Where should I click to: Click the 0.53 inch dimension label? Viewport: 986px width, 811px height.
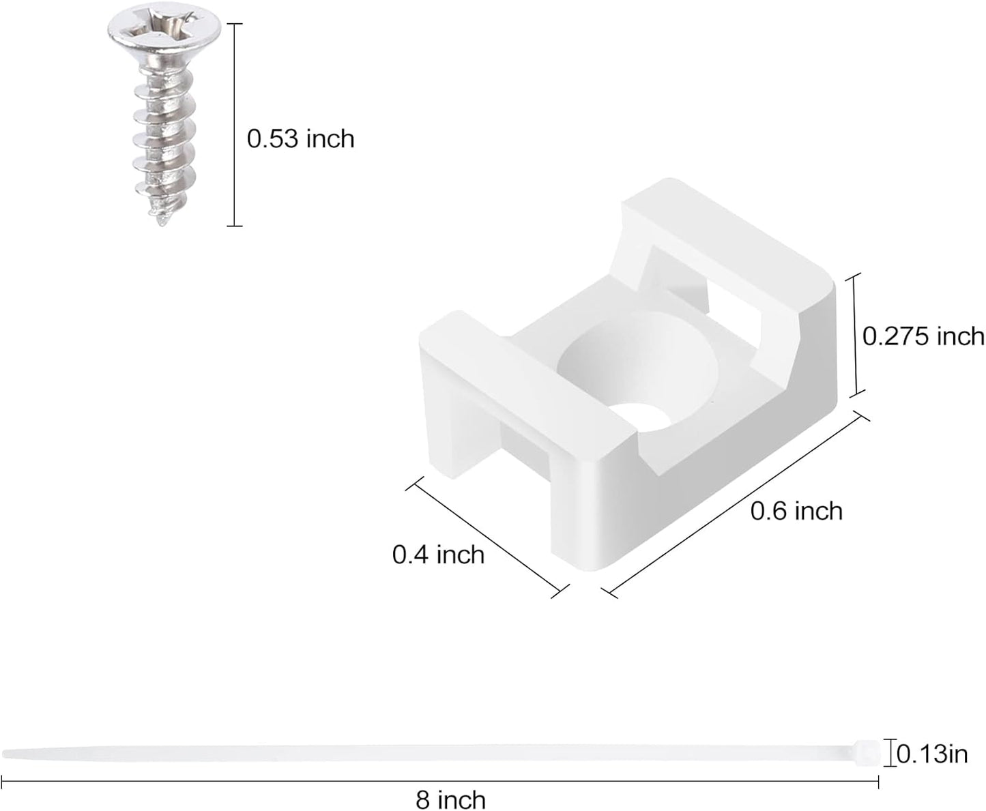pos(300,139)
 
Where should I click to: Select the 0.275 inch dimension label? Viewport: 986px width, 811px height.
pos(923,336)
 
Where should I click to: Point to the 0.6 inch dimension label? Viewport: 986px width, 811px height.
pos(796,510)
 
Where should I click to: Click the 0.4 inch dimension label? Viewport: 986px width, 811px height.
pos(438,555)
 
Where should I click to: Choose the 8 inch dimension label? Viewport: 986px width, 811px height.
pos(451,799)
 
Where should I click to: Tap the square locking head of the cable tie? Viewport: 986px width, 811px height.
pos(865,752)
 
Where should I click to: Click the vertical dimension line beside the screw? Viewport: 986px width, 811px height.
pos(234,124)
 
